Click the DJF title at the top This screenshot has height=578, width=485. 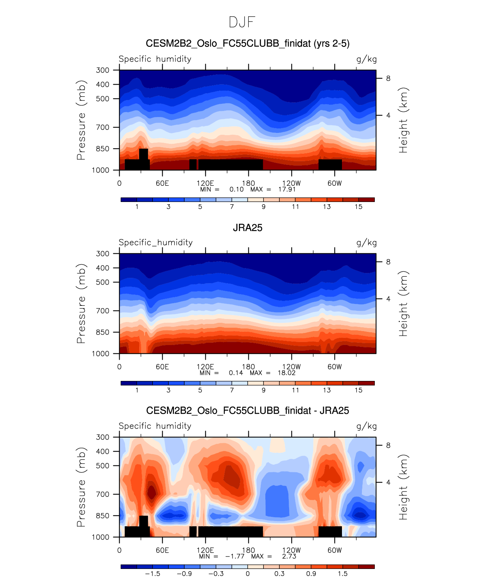coord(242,22)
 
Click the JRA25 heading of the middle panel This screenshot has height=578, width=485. coord(247,228)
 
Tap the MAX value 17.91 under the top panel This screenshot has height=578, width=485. coord(287,189)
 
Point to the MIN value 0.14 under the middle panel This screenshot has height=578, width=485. coord(236,373)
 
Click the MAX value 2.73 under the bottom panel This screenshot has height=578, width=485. coord(289,556)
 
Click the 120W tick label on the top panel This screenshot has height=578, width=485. coord(291,183)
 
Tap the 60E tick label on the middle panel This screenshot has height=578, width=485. coord(162,367)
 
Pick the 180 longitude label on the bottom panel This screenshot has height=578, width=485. coord(248,550)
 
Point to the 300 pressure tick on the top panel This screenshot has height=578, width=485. coord(103,70)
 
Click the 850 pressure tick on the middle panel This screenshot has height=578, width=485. coord(103,332)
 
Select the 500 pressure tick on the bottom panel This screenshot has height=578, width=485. coord(103,465)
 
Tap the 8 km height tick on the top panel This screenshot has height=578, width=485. coord(388,79)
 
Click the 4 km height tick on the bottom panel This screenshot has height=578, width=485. coord(388,482)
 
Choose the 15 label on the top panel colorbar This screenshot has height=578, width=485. coord(359,207)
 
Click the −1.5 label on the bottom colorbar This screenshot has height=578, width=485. coord(152,573)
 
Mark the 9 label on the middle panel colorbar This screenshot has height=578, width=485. coord(263,390)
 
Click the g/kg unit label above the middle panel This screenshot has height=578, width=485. coord(366,243)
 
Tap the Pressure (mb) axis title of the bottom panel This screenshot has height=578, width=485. coord(81,487)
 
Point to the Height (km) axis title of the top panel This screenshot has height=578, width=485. coord(403,120)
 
